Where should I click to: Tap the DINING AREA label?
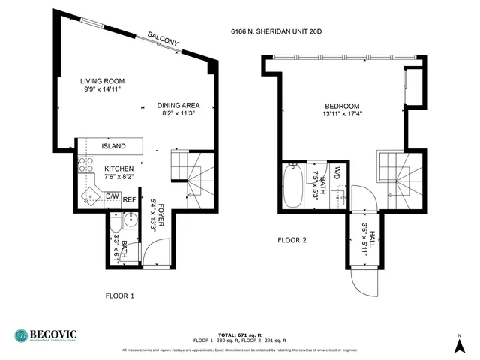coord(178,105)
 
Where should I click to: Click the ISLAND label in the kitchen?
coord(114,146)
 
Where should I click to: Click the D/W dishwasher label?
coord(112,197)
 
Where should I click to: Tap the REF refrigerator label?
coord(129,199)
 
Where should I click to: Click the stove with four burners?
coord(82,167)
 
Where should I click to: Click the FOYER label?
coord(161,192)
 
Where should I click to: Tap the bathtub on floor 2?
coord(292,185)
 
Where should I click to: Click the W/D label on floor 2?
coord(338,173)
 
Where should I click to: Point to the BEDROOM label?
coord(342,106)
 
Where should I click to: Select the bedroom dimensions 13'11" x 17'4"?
coord(342,115)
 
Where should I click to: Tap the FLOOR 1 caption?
coord(119,295)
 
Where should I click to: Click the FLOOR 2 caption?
coord(292,241)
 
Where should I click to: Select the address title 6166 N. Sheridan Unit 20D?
coord(276,32)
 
